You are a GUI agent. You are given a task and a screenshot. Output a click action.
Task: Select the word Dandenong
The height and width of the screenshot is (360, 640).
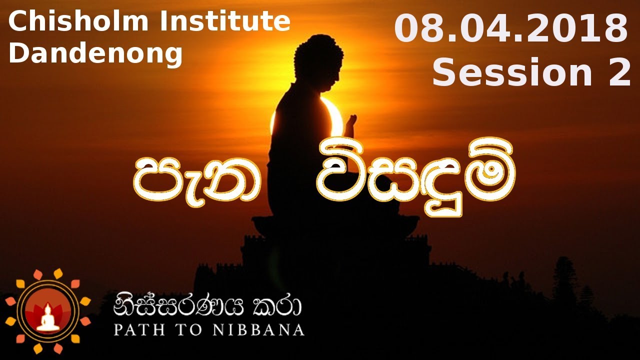coord(95,54)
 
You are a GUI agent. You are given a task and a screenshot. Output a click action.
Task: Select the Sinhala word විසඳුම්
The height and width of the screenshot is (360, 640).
coord(415,180)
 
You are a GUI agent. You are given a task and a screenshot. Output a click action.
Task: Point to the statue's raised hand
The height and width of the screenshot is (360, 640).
coord(351,125)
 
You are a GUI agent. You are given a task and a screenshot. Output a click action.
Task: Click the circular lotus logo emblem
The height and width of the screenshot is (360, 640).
coord(48,311)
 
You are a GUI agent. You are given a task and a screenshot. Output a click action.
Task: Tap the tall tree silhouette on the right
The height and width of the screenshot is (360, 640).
coord(564,280)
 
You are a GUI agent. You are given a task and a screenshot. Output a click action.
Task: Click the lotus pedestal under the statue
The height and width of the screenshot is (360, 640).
coord(335,225)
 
